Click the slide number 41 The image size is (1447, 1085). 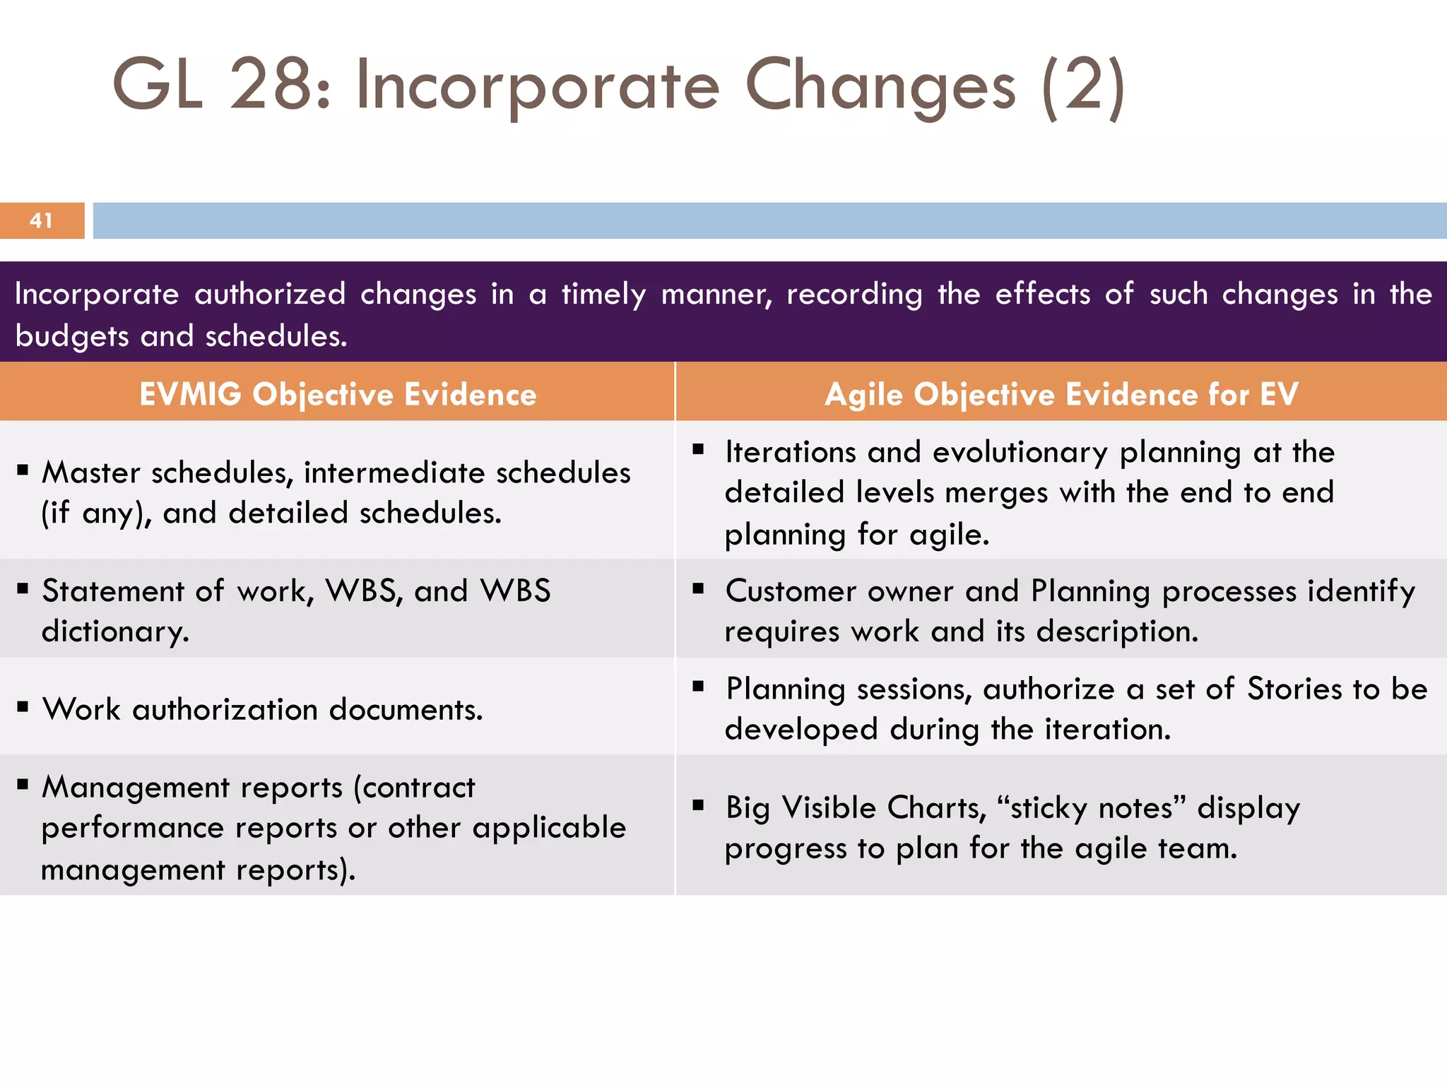41,220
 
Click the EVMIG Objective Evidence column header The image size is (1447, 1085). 338,394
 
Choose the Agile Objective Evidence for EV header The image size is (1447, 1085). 1061,394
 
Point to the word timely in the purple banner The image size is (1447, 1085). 603,294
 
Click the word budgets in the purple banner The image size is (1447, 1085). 71,336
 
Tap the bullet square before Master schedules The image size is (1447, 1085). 23,469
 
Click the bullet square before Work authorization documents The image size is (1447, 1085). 23,706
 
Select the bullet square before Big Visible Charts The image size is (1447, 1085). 698,804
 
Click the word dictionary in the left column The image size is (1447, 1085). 114,631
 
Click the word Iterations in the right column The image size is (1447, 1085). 791,452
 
